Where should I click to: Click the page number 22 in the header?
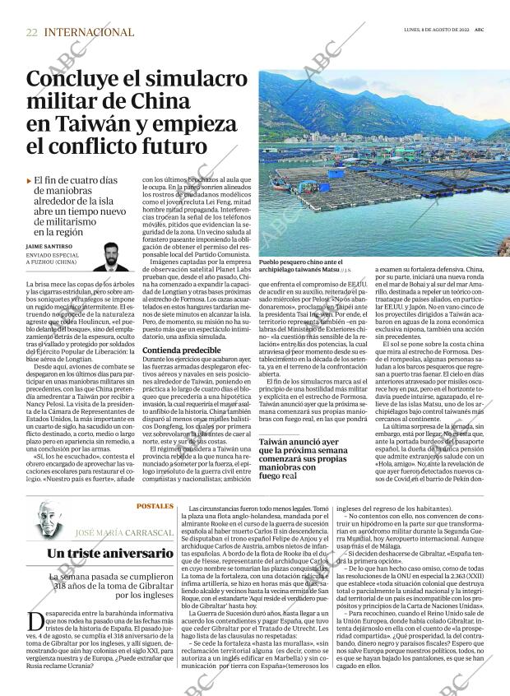[31, 32]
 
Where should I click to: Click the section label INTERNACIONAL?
[89, 32]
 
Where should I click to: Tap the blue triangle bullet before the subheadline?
[29, 180]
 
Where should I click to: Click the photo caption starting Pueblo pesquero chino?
[308, 262]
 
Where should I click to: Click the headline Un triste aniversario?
[100, 554]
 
